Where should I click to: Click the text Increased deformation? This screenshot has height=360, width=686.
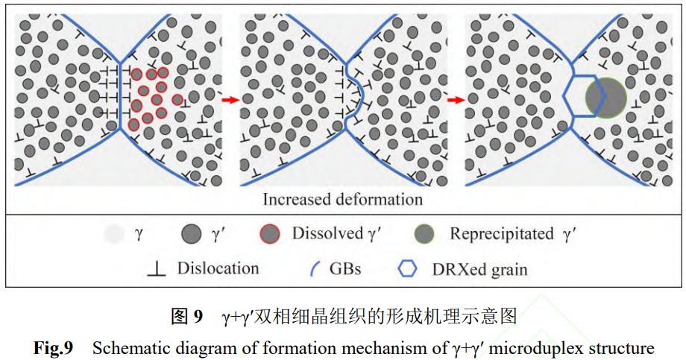[342, 199]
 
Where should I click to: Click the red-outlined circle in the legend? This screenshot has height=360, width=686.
[271, 235]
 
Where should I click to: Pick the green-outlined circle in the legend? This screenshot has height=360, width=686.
[426, 235]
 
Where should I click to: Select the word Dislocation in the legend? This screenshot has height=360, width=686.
[218, 268]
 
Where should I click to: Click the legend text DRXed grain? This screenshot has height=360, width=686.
[479, 269]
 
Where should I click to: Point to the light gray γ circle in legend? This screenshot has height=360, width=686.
[113, 235]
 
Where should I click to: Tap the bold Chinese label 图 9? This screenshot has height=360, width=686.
[186, 317]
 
